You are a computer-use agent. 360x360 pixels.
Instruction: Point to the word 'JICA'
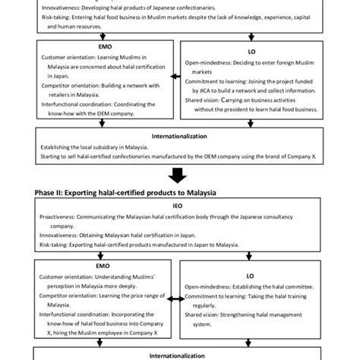click(x=201, y=88)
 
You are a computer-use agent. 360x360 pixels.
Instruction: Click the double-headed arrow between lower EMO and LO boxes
click(x=175, y=300)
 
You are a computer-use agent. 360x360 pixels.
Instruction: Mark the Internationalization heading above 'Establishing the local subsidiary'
click(x=180, y=136)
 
